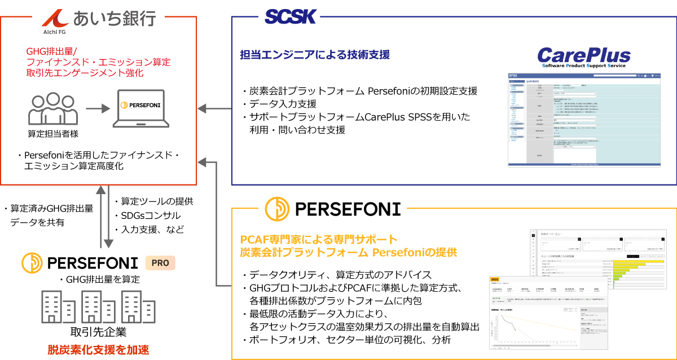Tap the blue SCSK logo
pyautogui.click(x=291, y=17)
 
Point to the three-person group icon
pyautogui.click(x=52, y=108)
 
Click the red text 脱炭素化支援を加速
pyautogui.click(x=98, y=349)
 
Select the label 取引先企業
pyautogui.click(x=98, y=332)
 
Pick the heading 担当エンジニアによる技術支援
pyautogui.click(x=315, y=55)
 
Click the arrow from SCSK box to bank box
pyautogui.click(x=214, y=107)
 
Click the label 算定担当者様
pyautogui.click(x=52, y=134)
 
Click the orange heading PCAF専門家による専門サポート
pyautogui.click(x=319, y=239)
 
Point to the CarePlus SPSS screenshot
pyautogui.click(x=584, y=120)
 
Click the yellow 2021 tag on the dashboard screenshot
pyautogui.click(x=495, y=279)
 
